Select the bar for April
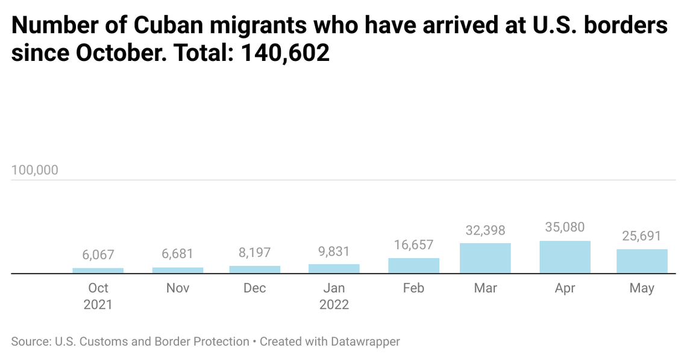pos(565,257)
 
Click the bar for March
pos(485,258)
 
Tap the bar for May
pos(642,261)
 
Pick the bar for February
pos(413,265)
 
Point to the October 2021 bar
pos(98,270)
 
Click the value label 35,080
pos(565,227)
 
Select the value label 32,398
pos(485,230)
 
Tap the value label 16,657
pos(413,245)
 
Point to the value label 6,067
pos(98,255)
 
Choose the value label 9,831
pos(334,251)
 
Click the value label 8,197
pos(255,253)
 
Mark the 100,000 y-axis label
pos(35,170)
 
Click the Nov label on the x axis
pos(178,288)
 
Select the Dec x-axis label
pos(255,288)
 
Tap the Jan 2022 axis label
pos(334,296)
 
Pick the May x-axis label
pos(642,288)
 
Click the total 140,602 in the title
pos(285,53)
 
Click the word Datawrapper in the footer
pos(365,341)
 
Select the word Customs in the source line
pos(104,341)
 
